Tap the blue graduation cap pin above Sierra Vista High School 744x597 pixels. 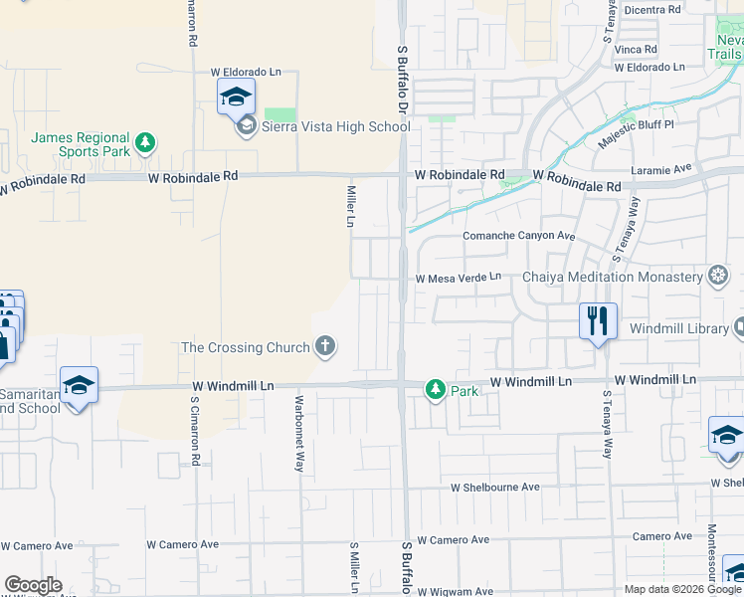click(236, 97)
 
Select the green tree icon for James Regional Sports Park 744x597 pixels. click(145, 143)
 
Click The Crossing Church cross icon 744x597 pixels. click(324, 347)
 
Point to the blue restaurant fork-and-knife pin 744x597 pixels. click(598, 321)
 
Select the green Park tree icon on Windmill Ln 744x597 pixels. click(435, 390)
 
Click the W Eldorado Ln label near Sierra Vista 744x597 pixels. click(246, 73)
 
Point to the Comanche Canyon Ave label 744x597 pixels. click(520, 236)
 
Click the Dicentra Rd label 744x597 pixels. click(647, 9)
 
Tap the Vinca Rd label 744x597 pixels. click(636, 49)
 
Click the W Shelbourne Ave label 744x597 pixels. click(494, 488)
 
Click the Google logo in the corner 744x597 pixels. click(33, 585)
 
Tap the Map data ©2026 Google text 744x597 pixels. click(681, 589)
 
